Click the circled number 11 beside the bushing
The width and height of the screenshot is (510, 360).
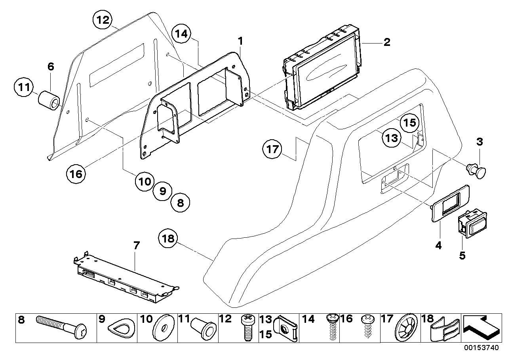click(x=24, y=87)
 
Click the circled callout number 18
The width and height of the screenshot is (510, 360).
click(x=168, y=239)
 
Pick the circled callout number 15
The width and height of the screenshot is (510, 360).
click(x=408, y=122)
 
